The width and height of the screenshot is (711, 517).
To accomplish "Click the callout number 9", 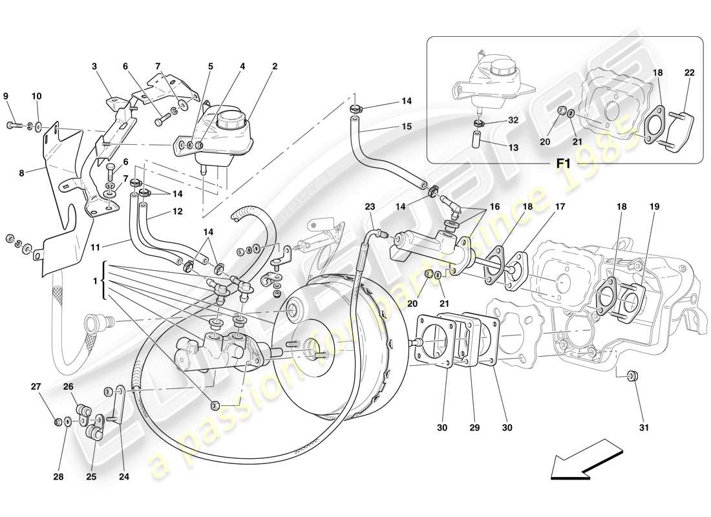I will click(x=6, y=96).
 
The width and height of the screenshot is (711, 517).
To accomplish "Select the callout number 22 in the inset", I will click(x=689, y=73).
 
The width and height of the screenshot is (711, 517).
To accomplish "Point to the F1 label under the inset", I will click(x=562, y=164).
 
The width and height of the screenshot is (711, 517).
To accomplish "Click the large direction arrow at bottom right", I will click(x=580, y=459).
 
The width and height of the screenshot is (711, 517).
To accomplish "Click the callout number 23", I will click(x=369, y=207).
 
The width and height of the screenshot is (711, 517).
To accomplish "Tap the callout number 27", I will click(x=36, y=387).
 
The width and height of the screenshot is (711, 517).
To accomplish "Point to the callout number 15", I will click(x=405, y=127).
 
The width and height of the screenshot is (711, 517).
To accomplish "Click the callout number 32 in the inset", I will click(x=513, y=120).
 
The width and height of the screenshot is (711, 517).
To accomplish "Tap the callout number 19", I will click(x=655, y=207).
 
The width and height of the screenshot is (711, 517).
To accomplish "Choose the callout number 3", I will click(x=94, y=66).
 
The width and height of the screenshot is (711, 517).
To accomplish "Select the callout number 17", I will click(x=559, y=207).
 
